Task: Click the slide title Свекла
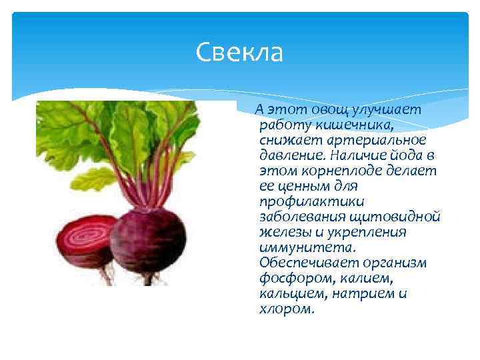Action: coord(240,53)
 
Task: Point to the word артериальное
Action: coord(376,139)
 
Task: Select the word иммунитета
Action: coord(303,247)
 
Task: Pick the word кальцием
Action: coord(290,293)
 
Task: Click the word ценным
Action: coord(303,185)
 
